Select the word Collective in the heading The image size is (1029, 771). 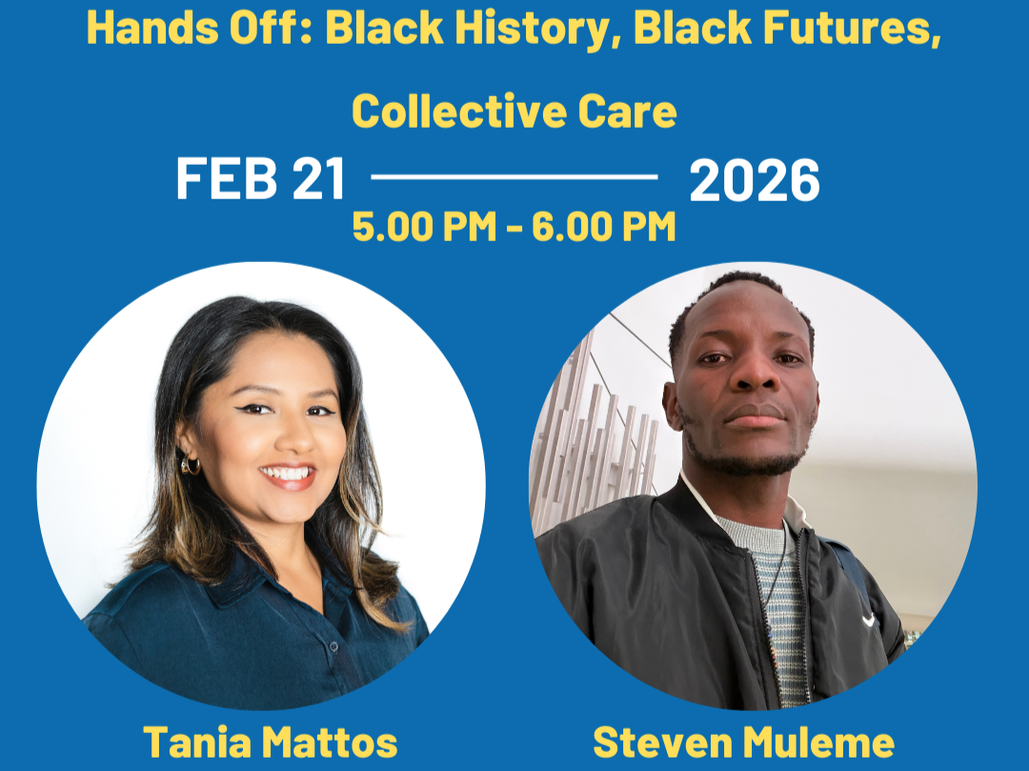[451, 112]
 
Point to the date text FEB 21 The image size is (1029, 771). [260, 180]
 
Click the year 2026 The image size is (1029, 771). [754, 180]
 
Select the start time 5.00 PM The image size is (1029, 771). [423, 227]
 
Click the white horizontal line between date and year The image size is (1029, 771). [514, 176]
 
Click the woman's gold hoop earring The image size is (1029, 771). [191, 465]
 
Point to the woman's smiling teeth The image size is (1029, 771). [287, 473]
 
